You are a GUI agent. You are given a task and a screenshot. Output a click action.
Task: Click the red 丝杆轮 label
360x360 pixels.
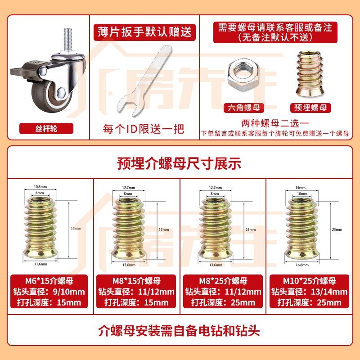tap(47, 129)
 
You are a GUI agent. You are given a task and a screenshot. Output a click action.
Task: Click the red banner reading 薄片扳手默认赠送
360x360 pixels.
tap(145, 32)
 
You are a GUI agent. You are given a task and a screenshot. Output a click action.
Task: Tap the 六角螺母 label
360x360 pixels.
tap(244, 108)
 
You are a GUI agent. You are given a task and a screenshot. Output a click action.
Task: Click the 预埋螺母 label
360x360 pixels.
tap(310, 108)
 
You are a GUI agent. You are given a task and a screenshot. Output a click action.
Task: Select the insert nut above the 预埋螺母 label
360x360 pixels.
tap(310, 73)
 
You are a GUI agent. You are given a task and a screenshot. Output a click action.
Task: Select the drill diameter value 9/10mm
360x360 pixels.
tap(68, 292)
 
